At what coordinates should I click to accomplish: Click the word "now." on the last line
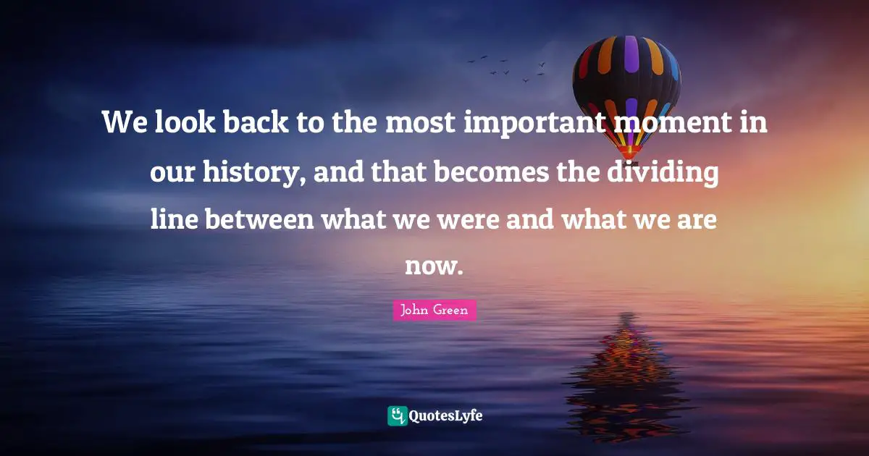[433, 266]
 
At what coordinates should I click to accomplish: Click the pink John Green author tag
[434, 311]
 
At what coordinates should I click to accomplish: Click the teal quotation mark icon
[397, 415]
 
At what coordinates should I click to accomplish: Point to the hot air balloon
[627, 87]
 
